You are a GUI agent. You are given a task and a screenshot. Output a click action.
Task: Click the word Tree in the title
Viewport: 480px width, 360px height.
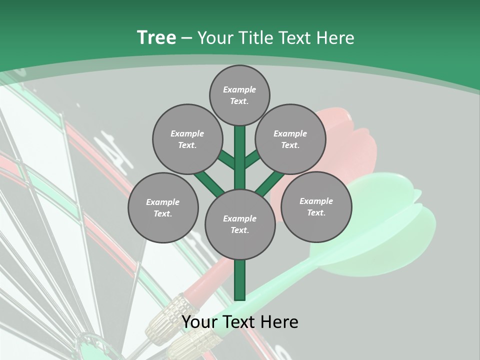point(156,37)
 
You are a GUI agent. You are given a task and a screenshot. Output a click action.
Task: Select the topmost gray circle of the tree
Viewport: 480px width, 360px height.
point(239,95)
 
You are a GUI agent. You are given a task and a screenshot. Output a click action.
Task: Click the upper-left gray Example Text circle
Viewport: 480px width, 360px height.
point(187,139)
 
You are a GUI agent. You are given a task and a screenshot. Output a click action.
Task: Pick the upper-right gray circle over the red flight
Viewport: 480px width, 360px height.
point(290,139)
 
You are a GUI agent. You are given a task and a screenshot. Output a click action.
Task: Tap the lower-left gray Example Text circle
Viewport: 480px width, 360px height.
point(163,207)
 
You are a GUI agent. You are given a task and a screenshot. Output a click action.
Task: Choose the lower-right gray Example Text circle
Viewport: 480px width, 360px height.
point(316,206)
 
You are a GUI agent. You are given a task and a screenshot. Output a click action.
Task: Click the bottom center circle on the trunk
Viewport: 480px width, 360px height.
point(240,224)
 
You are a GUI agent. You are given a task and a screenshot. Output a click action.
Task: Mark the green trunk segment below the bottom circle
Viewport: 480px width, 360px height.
point(240,280)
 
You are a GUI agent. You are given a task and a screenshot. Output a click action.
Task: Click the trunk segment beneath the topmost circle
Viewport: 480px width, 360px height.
point(240,150)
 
